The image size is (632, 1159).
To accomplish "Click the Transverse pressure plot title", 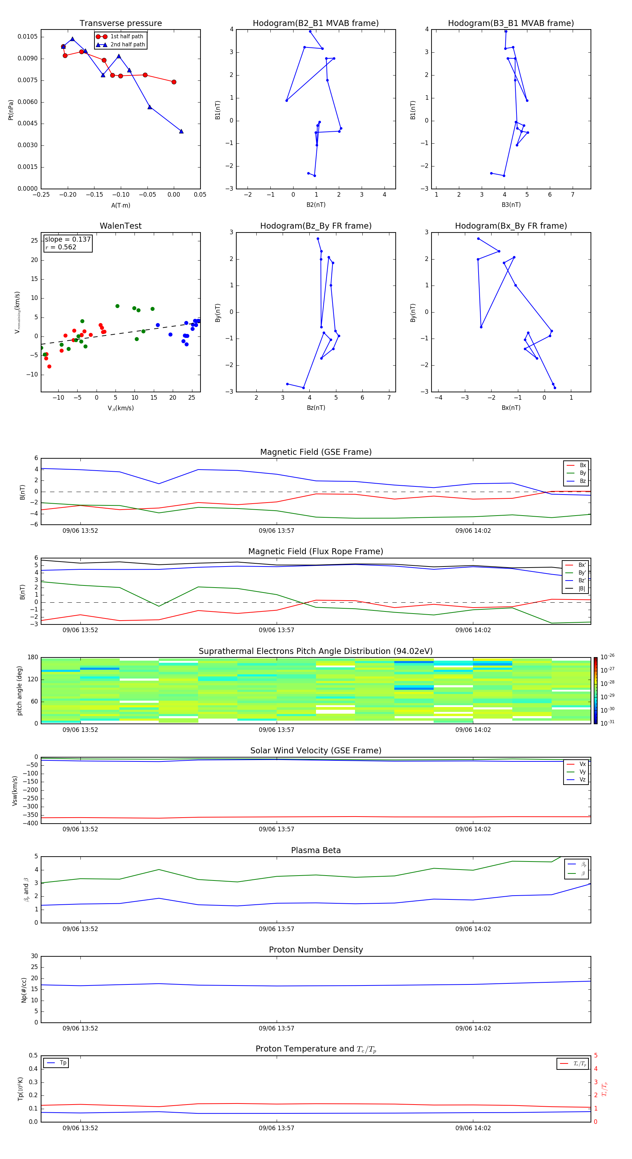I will [x=120, y=24].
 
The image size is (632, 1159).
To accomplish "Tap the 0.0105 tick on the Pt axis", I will [x=28, y=37].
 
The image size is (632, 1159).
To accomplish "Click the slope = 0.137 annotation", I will [x=67, y=240].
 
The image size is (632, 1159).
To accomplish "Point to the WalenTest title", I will [x=120, y=226].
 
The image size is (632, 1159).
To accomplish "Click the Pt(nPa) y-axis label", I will [x=11, y=110].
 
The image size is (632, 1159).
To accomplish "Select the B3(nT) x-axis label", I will [x=511, y=205].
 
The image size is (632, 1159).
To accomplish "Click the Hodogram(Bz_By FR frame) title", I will [x=316, y=226].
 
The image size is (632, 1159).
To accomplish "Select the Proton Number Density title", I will [x=316, y=950].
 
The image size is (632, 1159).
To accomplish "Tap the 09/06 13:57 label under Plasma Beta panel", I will [x=276, y=929].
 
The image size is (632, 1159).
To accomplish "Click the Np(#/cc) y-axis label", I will [x=24, y=990].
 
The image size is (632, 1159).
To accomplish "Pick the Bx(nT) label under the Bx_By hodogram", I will [x=511, y=408].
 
